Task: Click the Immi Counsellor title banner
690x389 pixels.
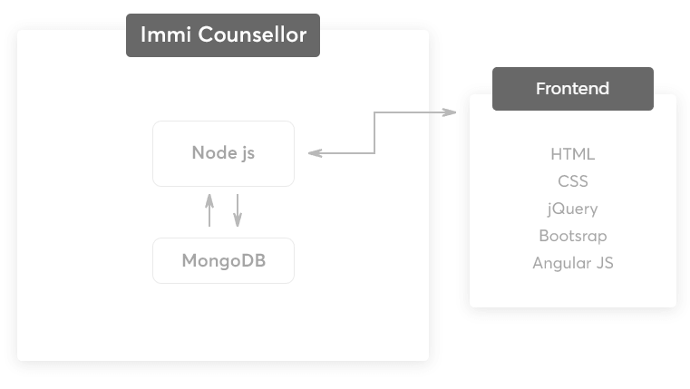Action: point(223,35)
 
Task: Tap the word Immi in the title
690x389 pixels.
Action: point(166,34)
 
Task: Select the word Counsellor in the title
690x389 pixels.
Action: point(252,34)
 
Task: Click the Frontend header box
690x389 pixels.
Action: point(573,89)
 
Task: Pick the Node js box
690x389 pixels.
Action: point(224,153)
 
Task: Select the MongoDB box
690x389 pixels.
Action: point(224,260)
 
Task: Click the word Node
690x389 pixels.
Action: point(215,152)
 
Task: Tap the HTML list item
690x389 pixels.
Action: point(572,154)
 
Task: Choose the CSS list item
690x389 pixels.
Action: point(572,181)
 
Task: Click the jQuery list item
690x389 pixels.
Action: point(572,209)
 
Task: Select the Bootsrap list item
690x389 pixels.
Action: point(572,236)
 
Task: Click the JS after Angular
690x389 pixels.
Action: point(605,263)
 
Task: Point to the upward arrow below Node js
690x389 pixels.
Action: point(209,210)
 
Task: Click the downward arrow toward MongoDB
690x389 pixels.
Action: point(238,210)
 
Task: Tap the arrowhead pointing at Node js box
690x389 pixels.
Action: point(315,153)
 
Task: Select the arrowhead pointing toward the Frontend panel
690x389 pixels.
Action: point(450,112)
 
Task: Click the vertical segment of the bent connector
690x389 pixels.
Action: point(374,132)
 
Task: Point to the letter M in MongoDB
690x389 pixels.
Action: point(190,260)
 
